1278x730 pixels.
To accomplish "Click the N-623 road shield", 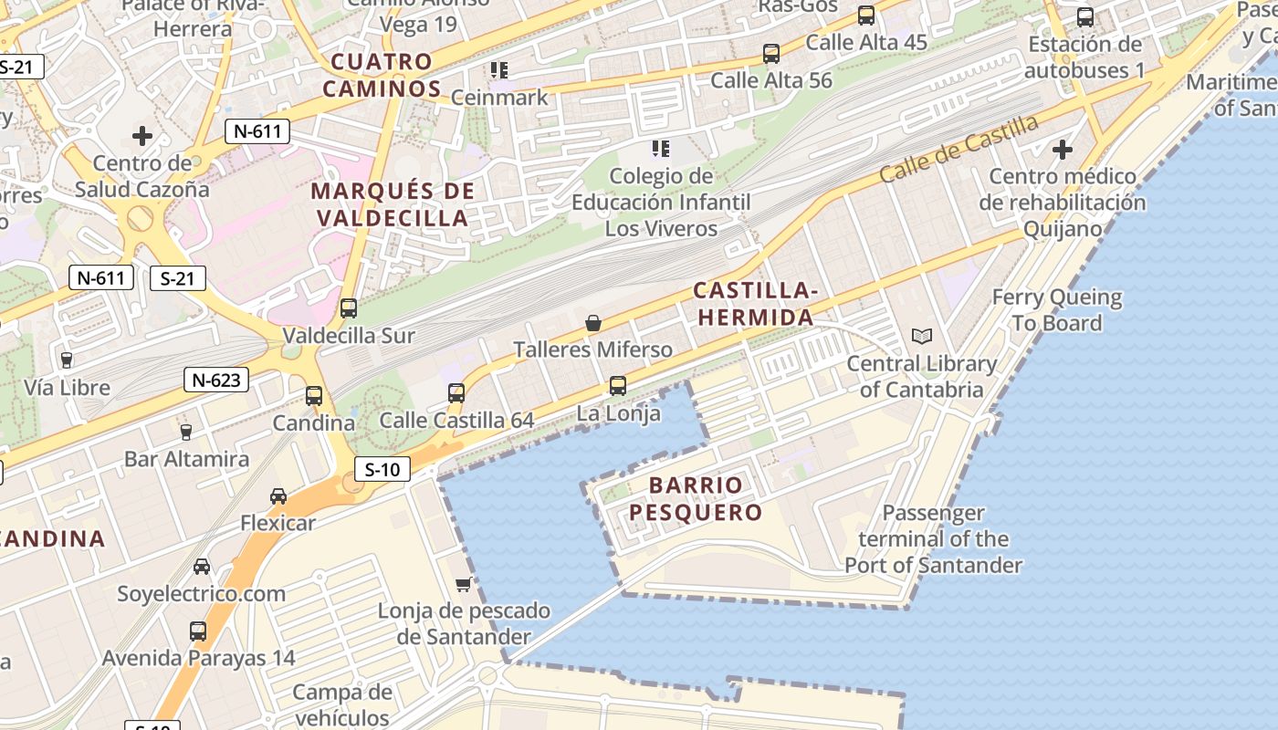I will [x=216, y=380].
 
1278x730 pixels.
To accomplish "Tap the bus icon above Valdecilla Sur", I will [x=348, y=308].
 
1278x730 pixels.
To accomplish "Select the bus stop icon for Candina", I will [x=314, y=396].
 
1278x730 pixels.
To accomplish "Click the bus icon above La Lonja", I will [x=618, y=386].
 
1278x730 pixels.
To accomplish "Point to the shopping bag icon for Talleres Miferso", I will [x=593, y=323].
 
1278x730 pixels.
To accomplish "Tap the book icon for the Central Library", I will [x=922, y=337].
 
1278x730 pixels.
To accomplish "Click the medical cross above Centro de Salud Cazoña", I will [x=141, y=137].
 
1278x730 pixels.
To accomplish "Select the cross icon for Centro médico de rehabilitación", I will [x=1063, y=149].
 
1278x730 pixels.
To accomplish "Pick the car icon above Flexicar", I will [x=278, y=496].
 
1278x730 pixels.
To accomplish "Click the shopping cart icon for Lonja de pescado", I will [x=464, y=584].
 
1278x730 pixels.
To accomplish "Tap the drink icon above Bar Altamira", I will [x=186, y=432].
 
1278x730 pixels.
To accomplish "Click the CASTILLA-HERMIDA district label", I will [x=754, y=304].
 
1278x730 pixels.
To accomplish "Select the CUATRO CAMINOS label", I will [x=382, y=76].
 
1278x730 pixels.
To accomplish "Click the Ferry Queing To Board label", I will [x=1057, y=310].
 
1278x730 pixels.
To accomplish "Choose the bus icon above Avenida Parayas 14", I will [x=198, y=631].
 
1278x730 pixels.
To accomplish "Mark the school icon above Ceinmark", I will [x=498, y=69].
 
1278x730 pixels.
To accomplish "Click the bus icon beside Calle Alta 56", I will [x=771, y=54].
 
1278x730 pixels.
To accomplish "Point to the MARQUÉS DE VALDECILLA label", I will [x=393, y=204].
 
